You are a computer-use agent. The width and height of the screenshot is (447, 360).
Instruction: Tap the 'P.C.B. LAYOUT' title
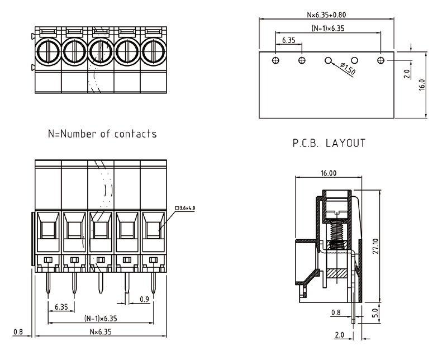click(329, 143)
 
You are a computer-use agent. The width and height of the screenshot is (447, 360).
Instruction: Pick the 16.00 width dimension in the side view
click(329, 174)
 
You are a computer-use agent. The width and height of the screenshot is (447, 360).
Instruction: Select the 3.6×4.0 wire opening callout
click(186, 208)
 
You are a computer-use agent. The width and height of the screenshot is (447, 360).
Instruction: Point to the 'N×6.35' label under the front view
click(101, 331)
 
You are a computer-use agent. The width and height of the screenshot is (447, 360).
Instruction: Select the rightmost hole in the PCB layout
click(381, 60)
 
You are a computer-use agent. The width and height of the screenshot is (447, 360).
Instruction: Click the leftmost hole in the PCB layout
click(275, 60)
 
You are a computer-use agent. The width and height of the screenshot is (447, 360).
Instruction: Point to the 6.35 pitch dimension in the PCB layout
click(288, 41)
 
